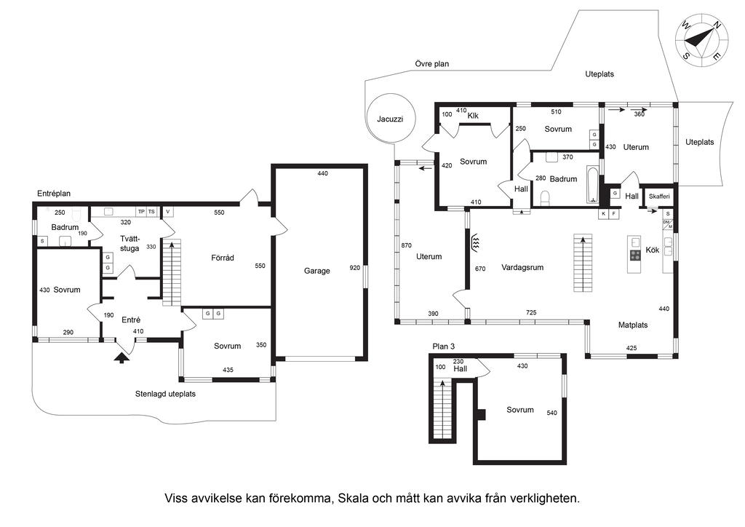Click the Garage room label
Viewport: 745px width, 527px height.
pos(317,271)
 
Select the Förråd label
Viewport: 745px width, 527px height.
pos(223,258)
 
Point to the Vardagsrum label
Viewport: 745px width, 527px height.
pos(522,268)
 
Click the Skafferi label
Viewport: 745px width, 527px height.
pos(659,197)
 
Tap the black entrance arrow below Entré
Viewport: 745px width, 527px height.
pos(122,357)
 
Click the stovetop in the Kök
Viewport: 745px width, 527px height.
pos(634,255)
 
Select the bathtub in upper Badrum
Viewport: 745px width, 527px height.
pos(592,184)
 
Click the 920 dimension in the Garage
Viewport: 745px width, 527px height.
pos(355,268)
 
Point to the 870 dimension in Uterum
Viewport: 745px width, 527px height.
pos(406,246)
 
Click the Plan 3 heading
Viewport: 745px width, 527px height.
pos(443,346)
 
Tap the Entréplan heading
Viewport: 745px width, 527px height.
pos(54,194)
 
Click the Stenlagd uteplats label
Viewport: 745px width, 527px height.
pos(165,394)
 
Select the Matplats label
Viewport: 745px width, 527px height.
pos(633,325)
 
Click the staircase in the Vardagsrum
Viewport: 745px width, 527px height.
pos(583,263)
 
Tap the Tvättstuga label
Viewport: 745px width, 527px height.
pos(130,243)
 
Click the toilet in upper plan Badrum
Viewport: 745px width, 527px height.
pos(546,197)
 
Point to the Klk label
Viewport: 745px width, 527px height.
pos(473,116)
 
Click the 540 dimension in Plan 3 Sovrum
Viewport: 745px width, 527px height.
pos(551,413)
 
